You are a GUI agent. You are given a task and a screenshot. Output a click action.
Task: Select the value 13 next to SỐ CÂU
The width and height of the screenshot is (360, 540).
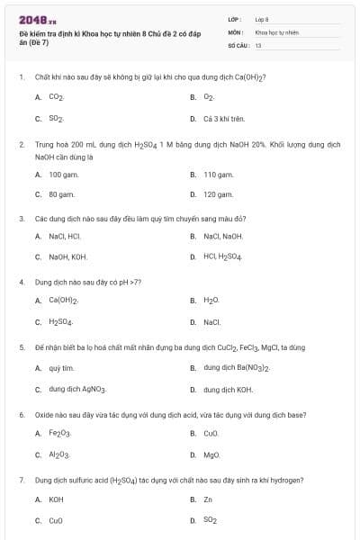258,44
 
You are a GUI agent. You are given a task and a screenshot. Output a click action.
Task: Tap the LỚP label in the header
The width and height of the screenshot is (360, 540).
235,19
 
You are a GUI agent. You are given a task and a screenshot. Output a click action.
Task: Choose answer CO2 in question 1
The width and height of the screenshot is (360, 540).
56,96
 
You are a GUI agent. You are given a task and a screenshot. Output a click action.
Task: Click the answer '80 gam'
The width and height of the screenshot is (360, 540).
61,193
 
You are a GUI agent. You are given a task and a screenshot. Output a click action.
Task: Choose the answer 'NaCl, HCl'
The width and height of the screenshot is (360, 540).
65,236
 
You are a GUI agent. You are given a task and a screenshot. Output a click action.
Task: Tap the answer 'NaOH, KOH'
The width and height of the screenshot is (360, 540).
67,256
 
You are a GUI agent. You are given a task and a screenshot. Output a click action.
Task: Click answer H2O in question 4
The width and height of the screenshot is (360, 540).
211,301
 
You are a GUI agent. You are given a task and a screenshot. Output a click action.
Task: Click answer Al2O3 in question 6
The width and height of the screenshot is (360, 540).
59,454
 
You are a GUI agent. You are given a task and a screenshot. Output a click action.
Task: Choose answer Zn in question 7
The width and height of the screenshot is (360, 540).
208,498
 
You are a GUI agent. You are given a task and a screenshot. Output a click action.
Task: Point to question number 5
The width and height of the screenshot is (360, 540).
22,346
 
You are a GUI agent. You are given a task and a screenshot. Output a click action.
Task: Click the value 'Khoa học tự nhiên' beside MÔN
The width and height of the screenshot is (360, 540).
276,31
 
